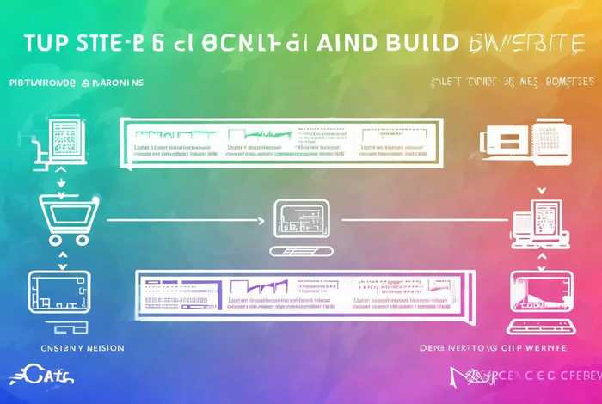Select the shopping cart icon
pos(62,217)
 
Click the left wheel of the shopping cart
pos(48,239)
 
